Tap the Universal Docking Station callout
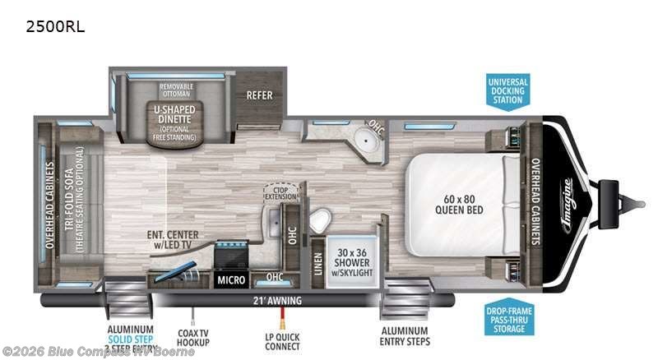pyautogui.click(x=507, y=91)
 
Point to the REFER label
pyautogui.click(x=259, y=95)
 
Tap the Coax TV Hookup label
pyautogui.click(x=193, y=337)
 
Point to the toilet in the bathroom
pyautogui.click(x=320, y=219)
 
